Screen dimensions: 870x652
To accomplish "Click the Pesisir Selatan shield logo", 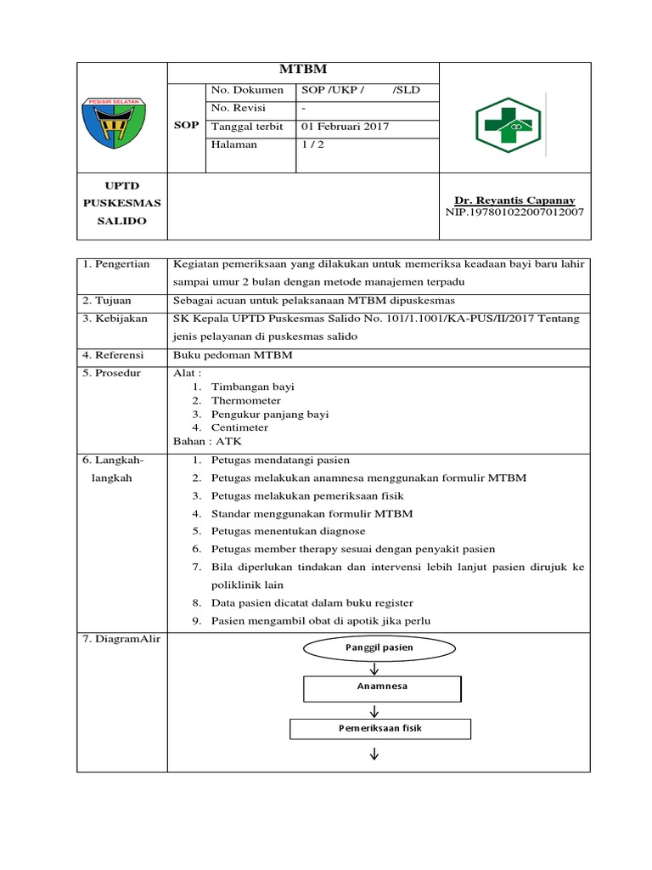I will [113, 120].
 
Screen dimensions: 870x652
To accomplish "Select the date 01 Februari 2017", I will [346, 127].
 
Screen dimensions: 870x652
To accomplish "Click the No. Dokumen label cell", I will [246, 90].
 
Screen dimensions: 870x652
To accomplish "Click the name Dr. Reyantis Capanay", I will [514, 200].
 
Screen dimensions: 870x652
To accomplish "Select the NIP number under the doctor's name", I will [514, 212].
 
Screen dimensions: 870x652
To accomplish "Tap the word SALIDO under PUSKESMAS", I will [121, 221].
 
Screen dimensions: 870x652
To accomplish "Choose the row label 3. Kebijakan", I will [115, 319].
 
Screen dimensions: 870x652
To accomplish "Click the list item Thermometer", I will [245, 400].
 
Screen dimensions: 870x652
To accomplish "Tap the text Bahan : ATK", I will [207, 441].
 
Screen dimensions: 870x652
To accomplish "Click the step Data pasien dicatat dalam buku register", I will [312, 602].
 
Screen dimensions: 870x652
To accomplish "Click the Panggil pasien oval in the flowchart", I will [379, 648].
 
